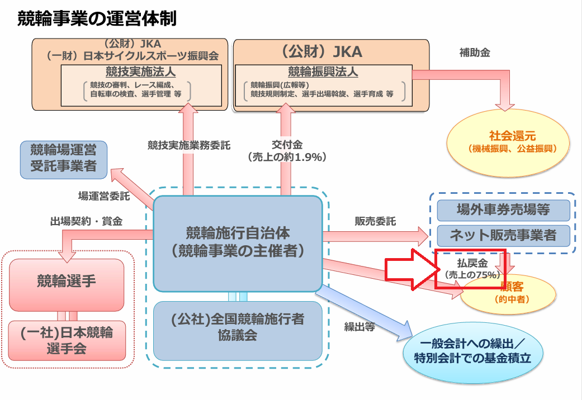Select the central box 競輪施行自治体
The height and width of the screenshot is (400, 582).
(x=238, y=242)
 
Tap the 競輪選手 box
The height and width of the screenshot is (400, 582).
(x=67, y=280)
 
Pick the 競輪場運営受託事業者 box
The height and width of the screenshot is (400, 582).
(x=63, y=159)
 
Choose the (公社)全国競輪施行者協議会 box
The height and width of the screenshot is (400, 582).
(x=238, y=327)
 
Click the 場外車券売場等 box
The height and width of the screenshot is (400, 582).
(x=503, y=210)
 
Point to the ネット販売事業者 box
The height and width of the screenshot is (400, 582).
(x=503, y=235)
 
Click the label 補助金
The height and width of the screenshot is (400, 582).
(x=475, y=54)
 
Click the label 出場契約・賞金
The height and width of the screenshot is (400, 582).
(x=86, y=221)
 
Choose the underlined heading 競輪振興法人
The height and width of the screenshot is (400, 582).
(x=323, y=72)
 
